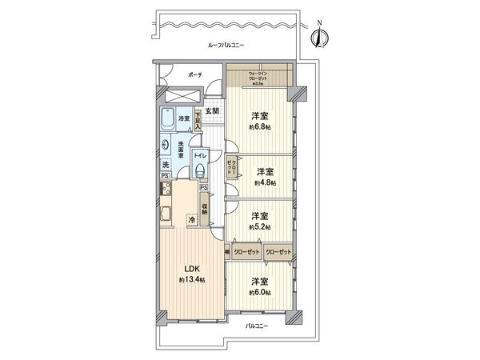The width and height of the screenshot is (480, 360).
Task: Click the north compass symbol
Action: [x=321, y=35]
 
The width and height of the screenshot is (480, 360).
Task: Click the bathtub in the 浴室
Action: [x=166, y=120]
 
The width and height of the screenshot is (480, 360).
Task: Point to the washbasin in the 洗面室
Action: [x=166, y=146]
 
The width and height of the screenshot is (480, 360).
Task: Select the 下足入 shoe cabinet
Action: [x=198, y=120]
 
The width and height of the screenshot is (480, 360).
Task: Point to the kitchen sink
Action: [x=166, y=214]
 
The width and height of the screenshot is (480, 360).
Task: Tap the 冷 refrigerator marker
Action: [x=191, y=219]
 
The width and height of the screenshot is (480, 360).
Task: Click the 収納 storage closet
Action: [x=205, y=210]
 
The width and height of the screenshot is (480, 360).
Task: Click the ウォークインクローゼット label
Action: [x=259, y=78]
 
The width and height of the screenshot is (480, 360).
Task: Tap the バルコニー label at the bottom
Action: [x=256, y=326]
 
